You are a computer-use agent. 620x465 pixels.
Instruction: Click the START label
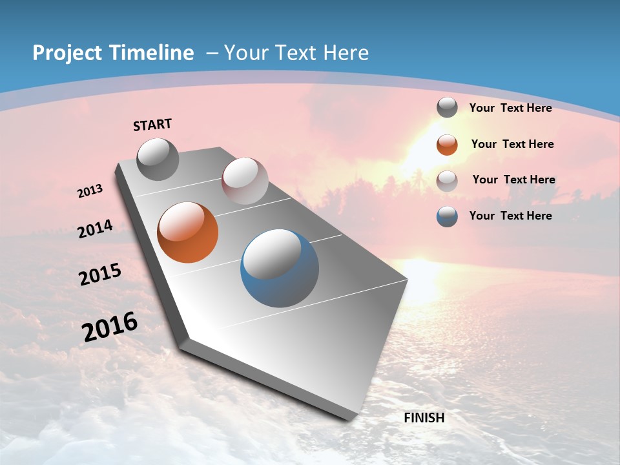[x=152, y=125]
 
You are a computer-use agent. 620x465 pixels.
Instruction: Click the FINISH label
[x=424, y=418]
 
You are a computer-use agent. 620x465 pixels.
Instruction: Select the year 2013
[x=90, y=191]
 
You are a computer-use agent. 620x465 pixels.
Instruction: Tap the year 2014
[x=96, y=229]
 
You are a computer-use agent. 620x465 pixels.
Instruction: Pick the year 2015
[x=100, y=274]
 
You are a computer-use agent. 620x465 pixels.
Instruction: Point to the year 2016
[x=110, y=327]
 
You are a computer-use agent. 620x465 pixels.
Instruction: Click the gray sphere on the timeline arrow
[x=158, y=159]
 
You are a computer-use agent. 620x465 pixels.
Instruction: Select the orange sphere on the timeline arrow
[x=188, y=232]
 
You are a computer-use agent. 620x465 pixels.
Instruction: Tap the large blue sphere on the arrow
[x=279, y=268]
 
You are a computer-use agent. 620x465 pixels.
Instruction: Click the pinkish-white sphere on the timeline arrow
[x=245, y=181]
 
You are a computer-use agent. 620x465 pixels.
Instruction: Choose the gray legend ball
[x=447, y=108]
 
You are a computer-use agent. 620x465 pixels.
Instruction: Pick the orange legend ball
[x=447, y=145]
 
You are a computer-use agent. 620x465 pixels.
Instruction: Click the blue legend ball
[x=447, y=216]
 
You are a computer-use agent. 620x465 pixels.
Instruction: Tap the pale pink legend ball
[x=447, y=181]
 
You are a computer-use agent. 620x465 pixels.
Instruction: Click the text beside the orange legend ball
[x=512, y=144]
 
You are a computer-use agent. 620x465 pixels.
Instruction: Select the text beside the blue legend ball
[x=510, y=216]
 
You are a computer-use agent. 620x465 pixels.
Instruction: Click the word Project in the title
[x=68, y=53]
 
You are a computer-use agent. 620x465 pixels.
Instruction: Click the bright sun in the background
[x=423, y=152]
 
